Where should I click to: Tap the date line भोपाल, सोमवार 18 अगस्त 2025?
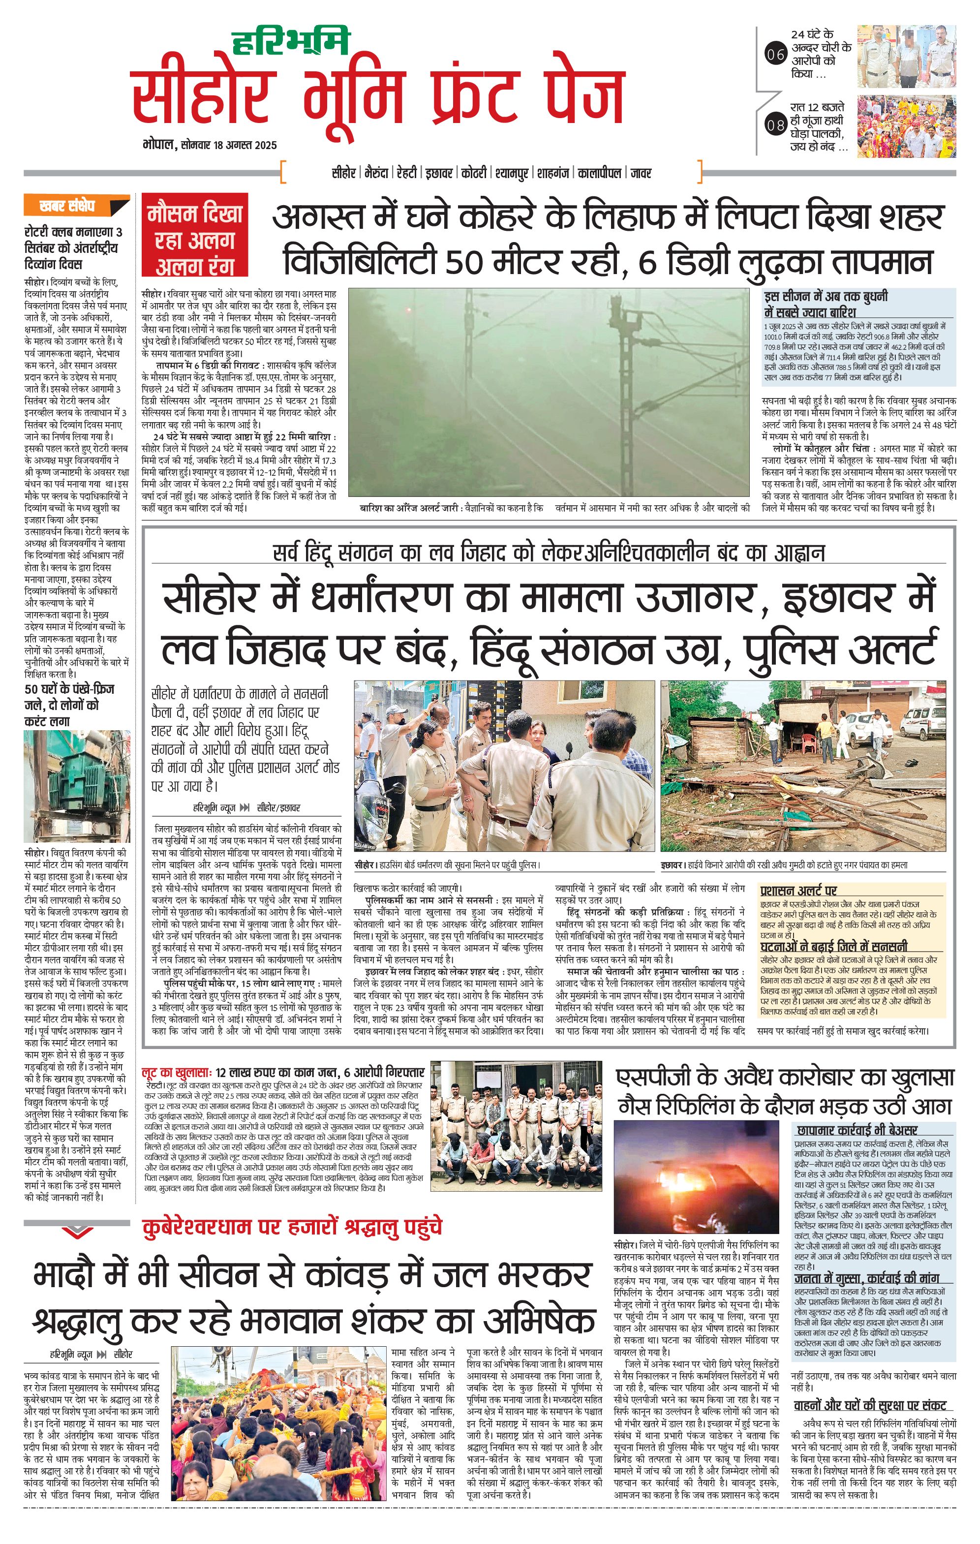pyautogui.click(x=210, y=145)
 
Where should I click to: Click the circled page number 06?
pyautogui.click(x=775, y=55)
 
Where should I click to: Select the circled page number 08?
pyautogui.click(x=775, y=124)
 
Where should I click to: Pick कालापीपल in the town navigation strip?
pyautogui.click(x=599, y=173)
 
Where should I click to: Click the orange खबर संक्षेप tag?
pyautogui.click(x=68, y=206)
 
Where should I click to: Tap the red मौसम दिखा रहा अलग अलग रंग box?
pyautogui.click(x=195, y=235)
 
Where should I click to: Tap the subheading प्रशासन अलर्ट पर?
pyautogui.click(x=798, y=891)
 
